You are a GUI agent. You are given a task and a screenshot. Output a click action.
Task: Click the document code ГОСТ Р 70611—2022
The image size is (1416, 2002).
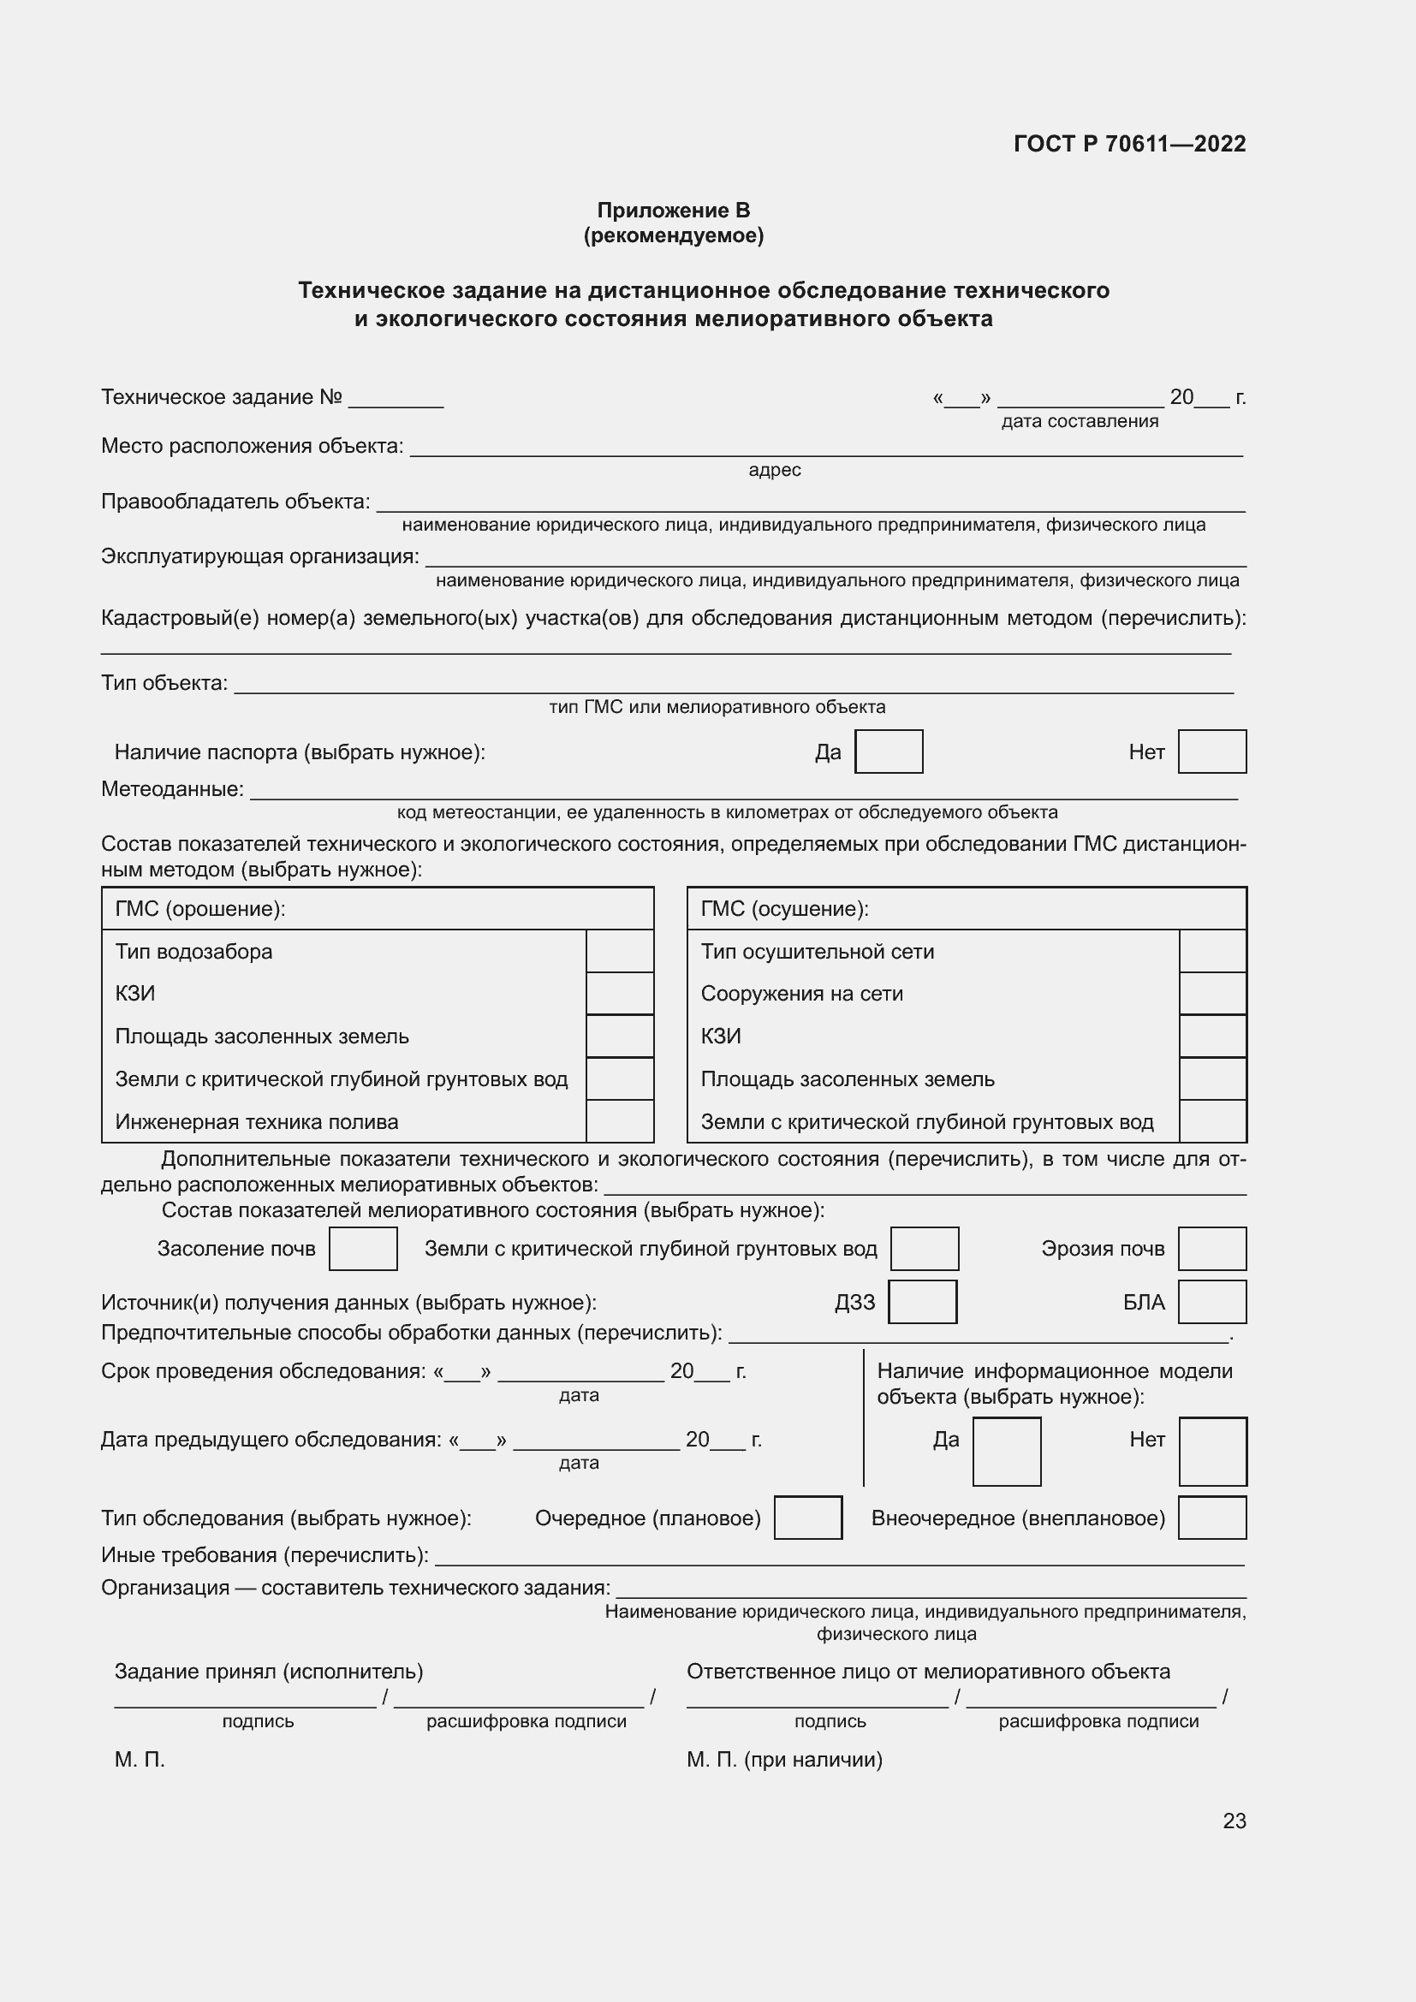(x=1129, y=144)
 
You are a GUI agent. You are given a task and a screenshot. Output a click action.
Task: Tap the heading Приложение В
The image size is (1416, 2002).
(x=673, y=211)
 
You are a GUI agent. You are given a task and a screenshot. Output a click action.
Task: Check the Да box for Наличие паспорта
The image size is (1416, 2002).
(x=889, y=751)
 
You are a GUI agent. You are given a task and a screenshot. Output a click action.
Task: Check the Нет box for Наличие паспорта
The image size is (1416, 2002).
(x=1211, y=751)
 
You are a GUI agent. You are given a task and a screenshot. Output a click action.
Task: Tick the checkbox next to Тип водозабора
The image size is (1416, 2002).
(x=619, y=951)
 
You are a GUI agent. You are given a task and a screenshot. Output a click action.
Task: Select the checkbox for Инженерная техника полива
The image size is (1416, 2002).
(x=619, y=1121)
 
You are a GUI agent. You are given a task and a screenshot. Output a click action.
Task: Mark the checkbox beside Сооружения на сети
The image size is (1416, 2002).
(x=1212, y=994)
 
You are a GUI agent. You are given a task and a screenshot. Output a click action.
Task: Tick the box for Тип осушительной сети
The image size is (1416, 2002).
(x=1212, y=951)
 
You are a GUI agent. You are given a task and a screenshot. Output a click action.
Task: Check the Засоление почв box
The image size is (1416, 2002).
(x=363, y=1249)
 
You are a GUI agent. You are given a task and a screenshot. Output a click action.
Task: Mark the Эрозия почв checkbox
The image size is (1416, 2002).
(x=1211, y=1249)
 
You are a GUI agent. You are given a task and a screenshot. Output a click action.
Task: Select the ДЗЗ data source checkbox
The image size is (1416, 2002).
(x=922, y=1302)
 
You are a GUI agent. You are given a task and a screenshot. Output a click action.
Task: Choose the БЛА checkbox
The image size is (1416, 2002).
(x=1211, y=1302)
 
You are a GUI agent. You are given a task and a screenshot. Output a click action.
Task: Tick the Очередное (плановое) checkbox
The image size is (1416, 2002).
(x=807, y=1518)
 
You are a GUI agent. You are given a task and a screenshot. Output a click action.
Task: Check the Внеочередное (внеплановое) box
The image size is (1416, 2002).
(x=1211, y=1518)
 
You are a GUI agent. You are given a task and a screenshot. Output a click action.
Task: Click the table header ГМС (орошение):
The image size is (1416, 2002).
(x=200, y=910)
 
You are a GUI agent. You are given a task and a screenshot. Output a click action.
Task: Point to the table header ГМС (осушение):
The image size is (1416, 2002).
(x=784, y=910)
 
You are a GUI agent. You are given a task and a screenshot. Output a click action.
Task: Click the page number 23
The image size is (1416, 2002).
(x=1234, y=1821)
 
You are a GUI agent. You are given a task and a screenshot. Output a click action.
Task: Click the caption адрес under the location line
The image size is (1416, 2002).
(x=774, y=470)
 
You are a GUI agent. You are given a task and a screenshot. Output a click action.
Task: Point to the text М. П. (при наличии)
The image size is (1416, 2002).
(x=784, y=1760)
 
